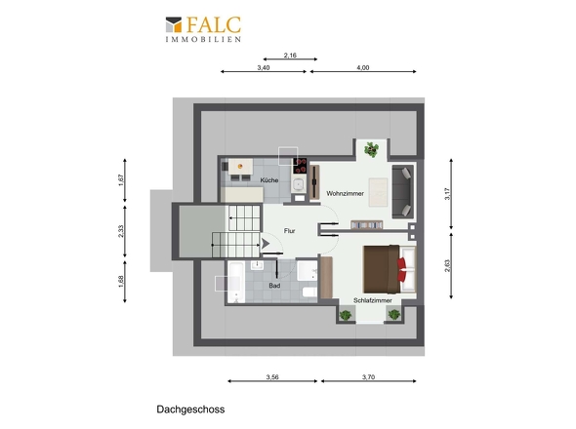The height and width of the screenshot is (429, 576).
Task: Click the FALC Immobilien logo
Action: [x=203, y=29]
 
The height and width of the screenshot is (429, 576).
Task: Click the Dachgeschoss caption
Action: [x=190, y=409]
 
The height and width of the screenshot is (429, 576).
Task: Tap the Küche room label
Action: [x=269, y=180]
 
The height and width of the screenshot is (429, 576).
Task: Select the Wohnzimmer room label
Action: [x=345, y=193]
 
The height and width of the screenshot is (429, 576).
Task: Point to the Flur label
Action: [x=290, y=231]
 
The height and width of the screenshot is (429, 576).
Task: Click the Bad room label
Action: [x=274, y=286]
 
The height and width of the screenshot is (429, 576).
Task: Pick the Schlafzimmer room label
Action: [x=373, y=300]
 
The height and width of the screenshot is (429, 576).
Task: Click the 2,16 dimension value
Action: [x=290, y=56]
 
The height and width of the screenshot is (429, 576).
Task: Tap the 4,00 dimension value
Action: [x=363, y=67]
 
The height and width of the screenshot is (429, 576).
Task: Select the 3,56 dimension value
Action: [x=272, y=377]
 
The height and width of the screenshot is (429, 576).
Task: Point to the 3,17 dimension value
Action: [x=447, y=194]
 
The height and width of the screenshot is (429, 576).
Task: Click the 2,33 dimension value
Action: [x=121, y=231]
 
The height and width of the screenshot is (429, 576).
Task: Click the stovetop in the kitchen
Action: [x=300, y=166]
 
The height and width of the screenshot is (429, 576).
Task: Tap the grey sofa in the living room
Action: [x=403, y=191]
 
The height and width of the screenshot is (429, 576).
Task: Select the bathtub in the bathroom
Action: [x=236, y=282]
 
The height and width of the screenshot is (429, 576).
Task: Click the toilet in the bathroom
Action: [x=309, y=292]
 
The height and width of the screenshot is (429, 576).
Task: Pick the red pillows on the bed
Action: [x=401, y=270]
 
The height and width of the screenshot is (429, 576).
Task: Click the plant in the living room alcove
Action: [x=372, y=150]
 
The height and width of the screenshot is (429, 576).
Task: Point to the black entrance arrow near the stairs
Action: [x=266, y=244]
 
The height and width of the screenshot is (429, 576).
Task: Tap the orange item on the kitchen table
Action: [x=240, y=167]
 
